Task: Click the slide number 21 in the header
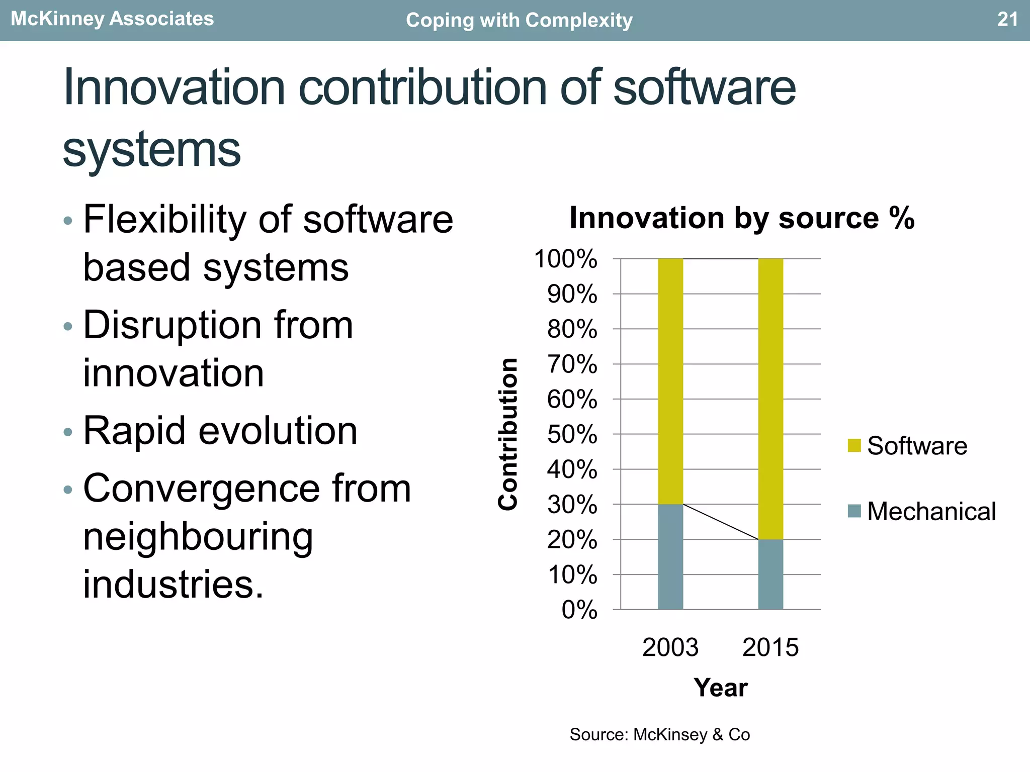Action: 1007,20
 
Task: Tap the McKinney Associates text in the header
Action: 112,19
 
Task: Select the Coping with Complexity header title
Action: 519,21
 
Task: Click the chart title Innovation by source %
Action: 742,218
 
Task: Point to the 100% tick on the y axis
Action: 566,259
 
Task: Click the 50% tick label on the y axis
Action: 572,435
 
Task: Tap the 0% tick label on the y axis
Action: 579,610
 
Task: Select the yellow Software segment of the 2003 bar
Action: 670,381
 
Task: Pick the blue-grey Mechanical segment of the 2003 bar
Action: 670,557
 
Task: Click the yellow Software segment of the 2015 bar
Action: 770,399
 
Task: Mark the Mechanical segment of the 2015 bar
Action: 770,574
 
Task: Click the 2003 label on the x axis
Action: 670,647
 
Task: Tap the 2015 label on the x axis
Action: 770,647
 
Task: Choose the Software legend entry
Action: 908,446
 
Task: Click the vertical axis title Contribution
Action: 508,434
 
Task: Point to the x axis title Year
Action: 720,688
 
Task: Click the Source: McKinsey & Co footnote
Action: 659,735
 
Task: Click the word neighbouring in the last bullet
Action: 198,537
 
